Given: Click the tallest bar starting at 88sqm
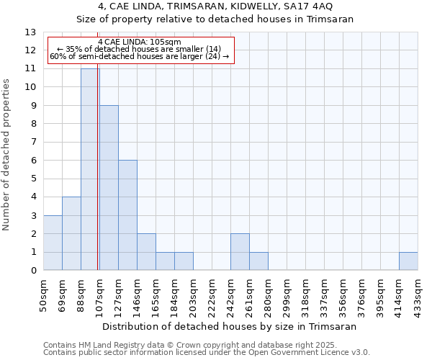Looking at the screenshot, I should click(x=90, y=169).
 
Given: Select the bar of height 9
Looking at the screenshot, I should click(x=109, y=188).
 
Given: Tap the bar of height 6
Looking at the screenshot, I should click(x=127, y=215).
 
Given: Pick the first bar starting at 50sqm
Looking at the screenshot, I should click(x=53, y=243).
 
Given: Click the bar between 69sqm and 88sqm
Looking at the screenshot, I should click(x=71, y=233).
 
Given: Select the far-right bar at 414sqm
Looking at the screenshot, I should click(x=408, y=261).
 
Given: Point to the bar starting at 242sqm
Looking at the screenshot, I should click(x=240, y=252).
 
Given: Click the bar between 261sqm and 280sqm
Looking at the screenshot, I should click(x=258, y=261).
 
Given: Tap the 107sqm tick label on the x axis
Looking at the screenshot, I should click(x=99, y=293).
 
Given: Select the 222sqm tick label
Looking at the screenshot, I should click(x=212, y=293).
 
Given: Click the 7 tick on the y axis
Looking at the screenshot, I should click(x=33, y=142).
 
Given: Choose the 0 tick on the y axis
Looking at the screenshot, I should click(x=33, y=271).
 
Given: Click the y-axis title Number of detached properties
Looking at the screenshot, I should click(x=7, y=155).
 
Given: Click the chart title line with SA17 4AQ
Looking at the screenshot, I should click(x=216, y=6).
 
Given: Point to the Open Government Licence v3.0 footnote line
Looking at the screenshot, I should click(x=207, y=353).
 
